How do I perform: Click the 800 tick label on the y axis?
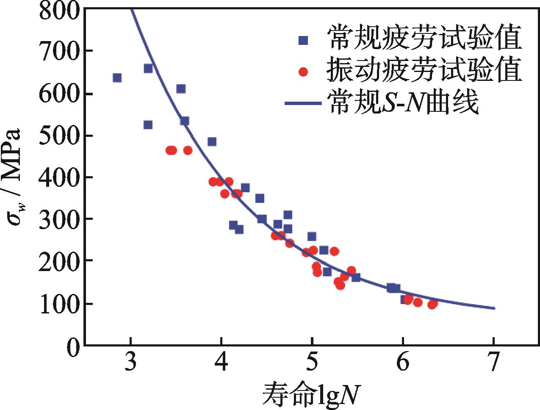point(58,9)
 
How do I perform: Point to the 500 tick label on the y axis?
point(58,136)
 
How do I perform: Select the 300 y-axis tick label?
point(58,219)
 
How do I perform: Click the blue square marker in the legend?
point(303,40)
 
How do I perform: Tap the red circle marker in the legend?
point(303,72)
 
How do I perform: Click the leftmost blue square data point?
point(117,78)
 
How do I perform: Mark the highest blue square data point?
point(148,69)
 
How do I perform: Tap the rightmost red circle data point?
point(433,304)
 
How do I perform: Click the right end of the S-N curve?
point(493,308)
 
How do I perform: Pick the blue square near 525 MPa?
point(148,125)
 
